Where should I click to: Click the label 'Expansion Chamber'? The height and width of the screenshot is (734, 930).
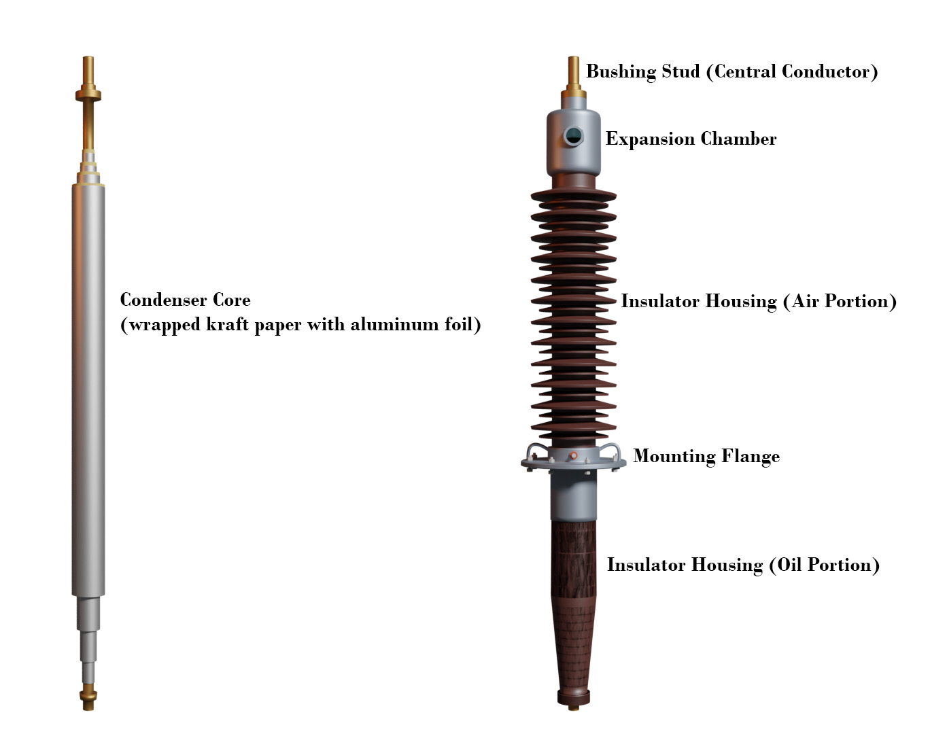(x=691, y=139)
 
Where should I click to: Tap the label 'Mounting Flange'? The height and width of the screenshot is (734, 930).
(x=706, y=456)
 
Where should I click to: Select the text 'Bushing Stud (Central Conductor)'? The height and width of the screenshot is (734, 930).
(x=731, y=71)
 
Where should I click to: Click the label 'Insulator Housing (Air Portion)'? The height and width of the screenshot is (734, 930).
(x=758, y=301)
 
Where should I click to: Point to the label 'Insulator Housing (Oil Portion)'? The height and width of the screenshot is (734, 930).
(x=743, y=565)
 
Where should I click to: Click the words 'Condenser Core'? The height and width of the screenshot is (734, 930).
(x=185, y=300)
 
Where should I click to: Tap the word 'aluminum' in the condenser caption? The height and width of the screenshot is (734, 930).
(x=394, y=324)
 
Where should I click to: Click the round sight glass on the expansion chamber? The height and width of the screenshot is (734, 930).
(x=573, y=136)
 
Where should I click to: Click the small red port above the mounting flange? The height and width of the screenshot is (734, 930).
(x=573, y=455)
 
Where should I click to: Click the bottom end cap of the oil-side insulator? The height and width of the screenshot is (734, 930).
(x=574, y=697)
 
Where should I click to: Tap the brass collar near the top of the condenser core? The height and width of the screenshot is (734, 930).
(x=88, y=95)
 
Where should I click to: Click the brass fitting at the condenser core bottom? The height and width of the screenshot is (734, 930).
(x=88, y=696)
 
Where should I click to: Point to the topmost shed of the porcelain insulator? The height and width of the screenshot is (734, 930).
(x=574, y=196)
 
